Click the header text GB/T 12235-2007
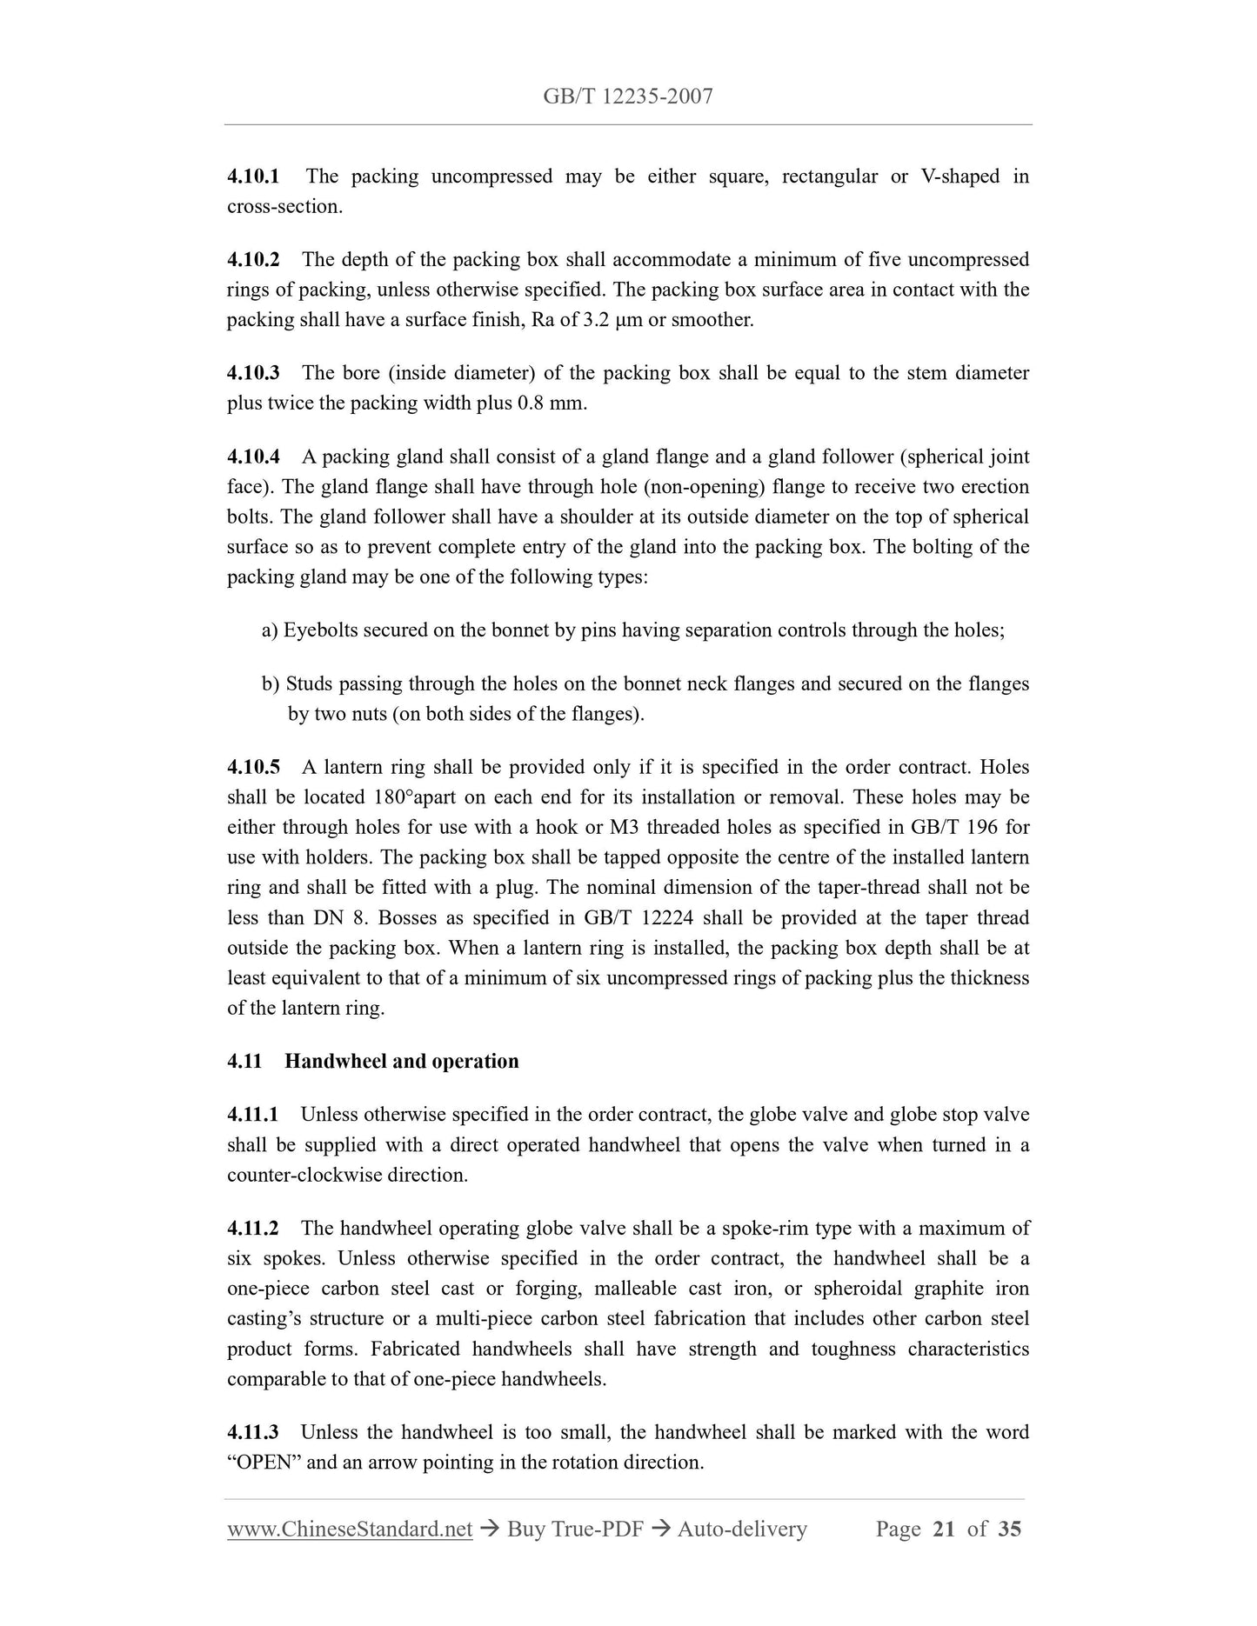coord(627,97)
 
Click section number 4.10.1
coord(253,177)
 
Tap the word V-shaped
coord(959,177)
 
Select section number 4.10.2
coord(253,260)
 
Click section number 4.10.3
coord(253,374)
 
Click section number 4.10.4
coord(253,457)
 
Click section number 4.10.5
coord(253,768)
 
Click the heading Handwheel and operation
coord(401,1062)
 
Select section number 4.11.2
coord(253,1229)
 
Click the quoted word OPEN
coord(264,1463)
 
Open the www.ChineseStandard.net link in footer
coord(350,1529)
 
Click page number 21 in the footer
coord(943,1529)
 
